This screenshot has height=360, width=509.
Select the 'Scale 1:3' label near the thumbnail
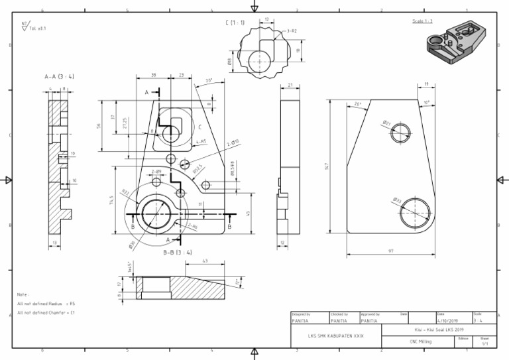[x=422, y=21]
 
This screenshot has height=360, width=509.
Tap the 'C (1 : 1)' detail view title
[x=235, y=23]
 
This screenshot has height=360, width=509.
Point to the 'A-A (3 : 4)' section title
[x=59, y=77]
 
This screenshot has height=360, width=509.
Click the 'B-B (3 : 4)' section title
[x=178, y=252]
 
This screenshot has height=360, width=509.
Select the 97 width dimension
[x=391, y=251]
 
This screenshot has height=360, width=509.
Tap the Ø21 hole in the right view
[x=400, y=133]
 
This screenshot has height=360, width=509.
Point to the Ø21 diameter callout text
[x=387, y=122]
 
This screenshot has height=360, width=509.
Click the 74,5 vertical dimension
[x=112, y=201]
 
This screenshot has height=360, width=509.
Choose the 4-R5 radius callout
[x=201, y=141]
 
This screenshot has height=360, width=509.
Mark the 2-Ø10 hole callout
[x=233, y=143]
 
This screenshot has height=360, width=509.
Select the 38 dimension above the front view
[x=153, y=75]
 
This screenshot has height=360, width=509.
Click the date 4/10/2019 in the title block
[x=449, y=321]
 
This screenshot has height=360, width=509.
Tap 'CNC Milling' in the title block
[x=421, y=341]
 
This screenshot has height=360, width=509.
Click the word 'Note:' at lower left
[x=23, y=294]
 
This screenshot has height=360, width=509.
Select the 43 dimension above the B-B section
[x=205, y=261]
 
